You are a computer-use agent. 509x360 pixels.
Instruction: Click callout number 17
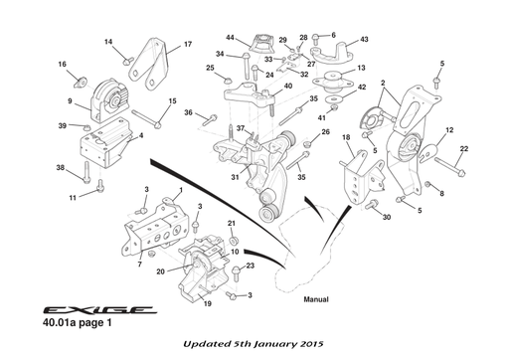coord(187,45)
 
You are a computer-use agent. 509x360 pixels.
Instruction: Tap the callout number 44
coord(232,38)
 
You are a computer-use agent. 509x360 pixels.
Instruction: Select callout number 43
coord(364,39)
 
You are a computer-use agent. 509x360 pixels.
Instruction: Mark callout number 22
coord(464,149)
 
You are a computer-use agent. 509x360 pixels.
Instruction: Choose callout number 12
coord(449,130)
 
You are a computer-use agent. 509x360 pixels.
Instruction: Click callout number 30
coord(386,217)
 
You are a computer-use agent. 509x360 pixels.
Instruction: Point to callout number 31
coord(236,178)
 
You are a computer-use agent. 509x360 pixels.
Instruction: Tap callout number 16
coord(62,65)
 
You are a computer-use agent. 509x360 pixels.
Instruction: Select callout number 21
coord(231,223)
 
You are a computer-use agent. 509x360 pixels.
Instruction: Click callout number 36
coord(187,112)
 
